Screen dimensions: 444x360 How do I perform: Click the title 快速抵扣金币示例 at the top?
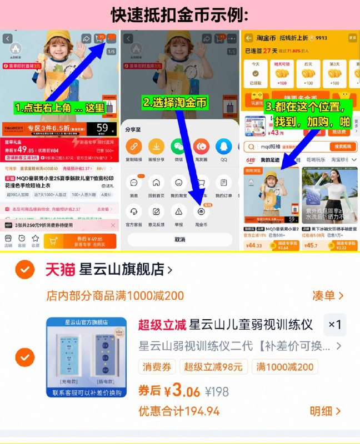pyautogui.click(x=179, y=15)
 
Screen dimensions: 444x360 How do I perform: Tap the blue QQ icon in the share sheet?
pyautogui.click(x=223, y=147)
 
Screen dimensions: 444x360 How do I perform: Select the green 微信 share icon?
pyautogui.click(x=179, y=147)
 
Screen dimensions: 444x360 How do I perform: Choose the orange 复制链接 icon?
pyautogui.click(x=134, y=147)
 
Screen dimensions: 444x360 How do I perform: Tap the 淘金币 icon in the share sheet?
pyautogui.click(x=201, y=213)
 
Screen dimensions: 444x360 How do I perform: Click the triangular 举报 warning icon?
pyautogui.click(x=179, y=213)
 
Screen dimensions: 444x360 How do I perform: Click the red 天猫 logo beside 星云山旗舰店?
pyautogui.click(x=60, y=270)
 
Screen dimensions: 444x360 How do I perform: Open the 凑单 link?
pyautogui.click(x=327, y=296)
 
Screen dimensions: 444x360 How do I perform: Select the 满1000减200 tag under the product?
pyautogui.click(x=284, y=367)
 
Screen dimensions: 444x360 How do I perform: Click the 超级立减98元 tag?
pyautogui.click(x=213, y=367)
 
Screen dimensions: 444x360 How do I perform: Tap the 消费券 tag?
pyautogui.click(x=158, y=367)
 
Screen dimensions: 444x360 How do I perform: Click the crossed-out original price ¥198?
pyautogui.click(x=217, y=392)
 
